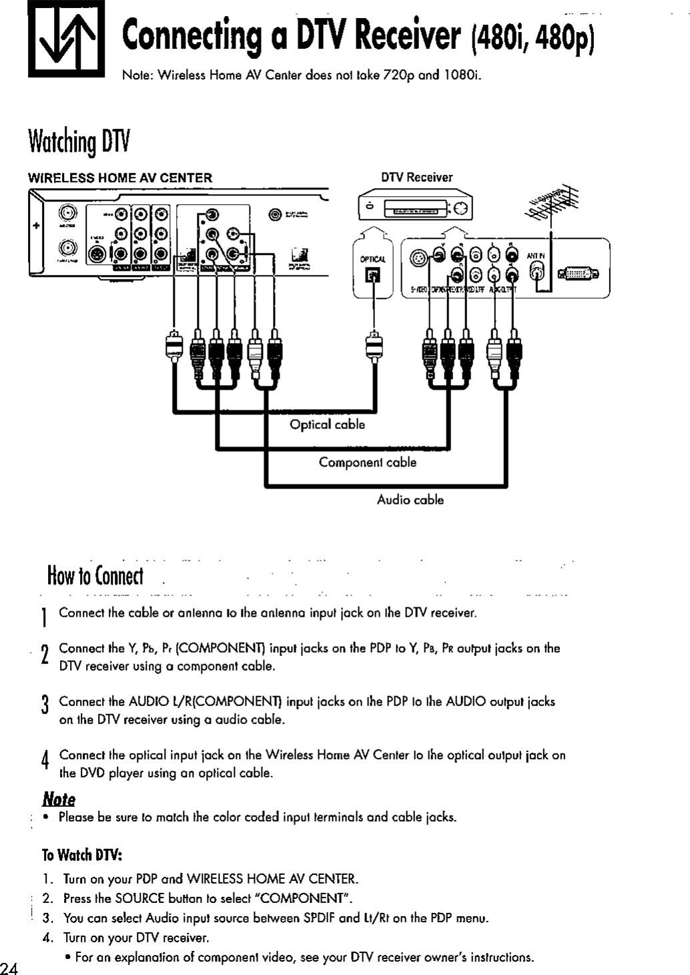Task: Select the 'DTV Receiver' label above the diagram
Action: click(416, 178)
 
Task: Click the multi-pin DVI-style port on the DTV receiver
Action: click(579, 273)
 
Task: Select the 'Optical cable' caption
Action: click(327, 425)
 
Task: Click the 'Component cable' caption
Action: click(367, 462)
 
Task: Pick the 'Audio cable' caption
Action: click(410, 500)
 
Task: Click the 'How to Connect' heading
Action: click(95, 575)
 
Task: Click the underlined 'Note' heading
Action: click(59, 799)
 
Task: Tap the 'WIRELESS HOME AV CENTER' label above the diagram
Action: click(119, 178)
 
